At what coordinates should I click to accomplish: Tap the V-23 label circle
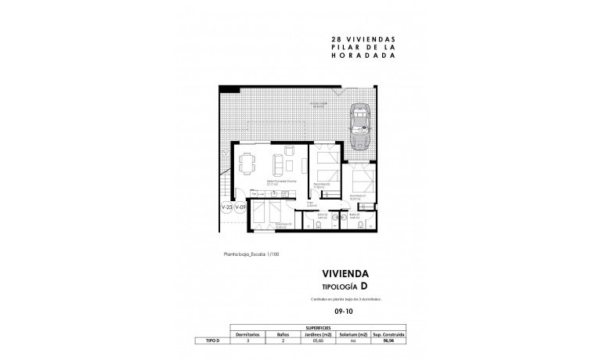(226, 207)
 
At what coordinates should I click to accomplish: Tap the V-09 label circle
(240, 207)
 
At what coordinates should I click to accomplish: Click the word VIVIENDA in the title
(345, 275)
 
